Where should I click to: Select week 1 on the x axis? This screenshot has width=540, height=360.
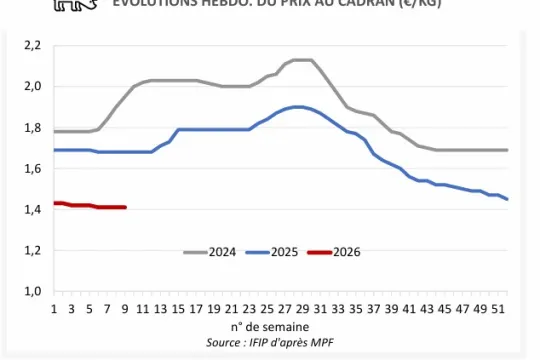pyautogui.click(x=54, y=310)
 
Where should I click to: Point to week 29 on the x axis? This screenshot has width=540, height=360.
pyautogui.click(x=302, y=310)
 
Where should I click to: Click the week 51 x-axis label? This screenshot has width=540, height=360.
pyautogui.click(x=497, y=310)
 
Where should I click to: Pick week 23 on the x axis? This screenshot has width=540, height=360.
pyautogui.click(x=249, y=310)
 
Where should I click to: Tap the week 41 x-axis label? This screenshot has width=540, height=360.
pyautogui.click(x=408, y=310)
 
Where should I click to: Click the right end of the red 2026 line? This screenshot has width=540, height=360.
pyautogui.click(x=125, y=207)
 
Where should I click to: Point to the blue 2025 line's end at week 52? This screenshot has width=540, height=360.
pyautogui.click(x=507, y=199)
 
